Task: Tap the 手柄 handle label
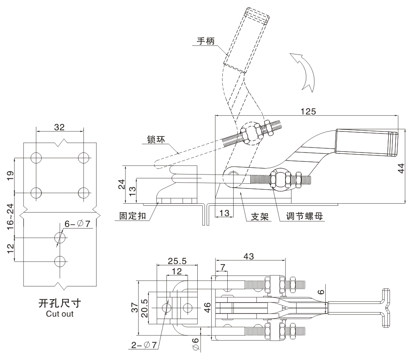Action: (206, 41)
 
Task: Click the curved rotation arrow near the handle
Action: (304, 70)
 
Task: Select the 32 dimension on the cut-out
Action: (60, 126)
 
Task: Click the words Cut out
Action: (60, 314)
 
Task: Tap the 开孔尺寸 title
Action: (60, 303)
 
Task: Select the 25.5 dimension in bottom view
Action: (177, 261)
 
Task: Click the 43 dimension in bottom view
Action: (249, 256)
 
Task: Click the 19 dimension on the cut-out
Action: (12, 175)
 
